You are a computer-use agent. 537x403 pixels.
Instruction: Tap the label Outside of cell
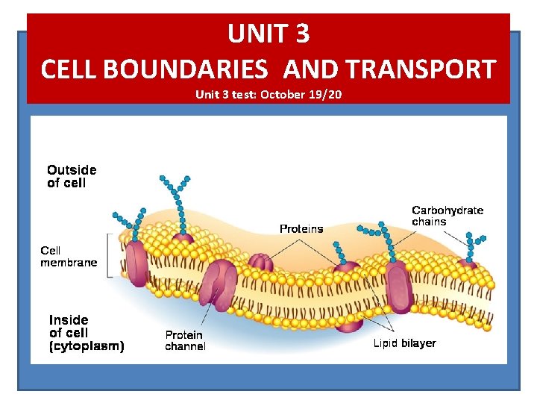click(x=72, y=176)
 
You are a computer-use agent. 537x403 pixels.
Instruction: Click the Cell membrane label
click(x=69, y=256)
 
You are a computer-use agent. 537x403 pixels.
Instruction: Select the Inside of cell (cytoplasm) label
click(x=87, y=333)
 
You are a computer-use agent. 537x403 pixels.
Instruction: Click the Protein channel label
click(x=185, y=340)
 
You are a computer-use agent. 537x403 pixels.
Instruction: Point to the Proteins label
click(x=301, y=228)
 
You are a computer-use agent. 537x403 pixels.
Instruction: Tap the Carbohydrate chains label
click(x=447, y=216)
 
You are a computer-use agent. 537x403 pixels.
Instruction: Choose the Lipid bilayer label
click(x=404, y=343)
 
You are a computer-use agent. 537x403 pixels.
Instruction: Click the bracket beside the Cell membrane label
click(x=111, y=255)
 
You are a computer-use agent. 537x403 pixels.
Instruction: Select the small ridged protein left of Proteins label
click(x=260, y=262)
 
